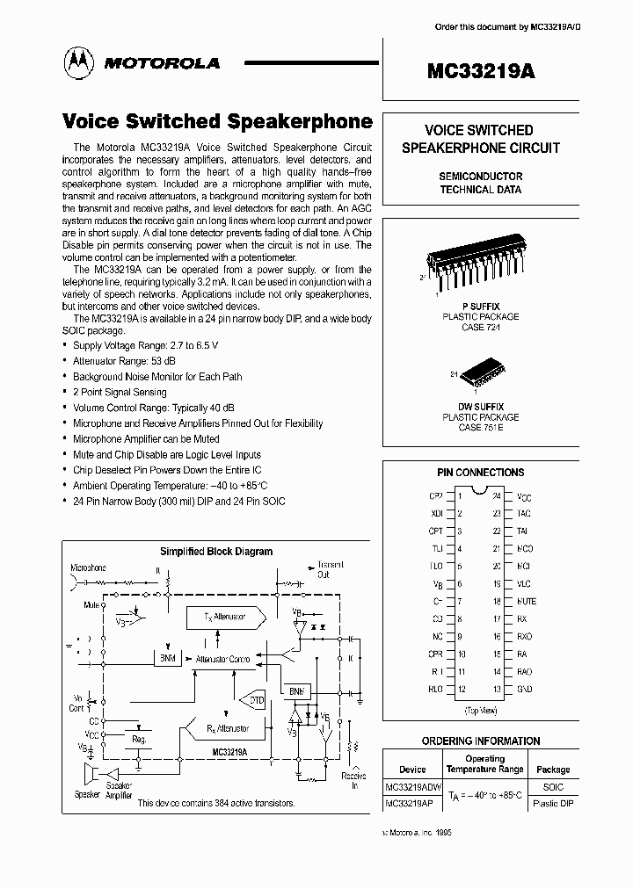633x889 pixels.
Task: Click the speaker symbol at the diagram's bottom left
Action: click(89, 776)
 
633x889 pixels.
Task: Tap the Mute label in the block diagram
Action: click(91, 605)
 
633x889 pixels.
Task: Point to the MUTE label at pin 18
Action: click(526, 602)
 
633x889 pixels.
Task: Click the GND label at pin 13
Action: click(524, 689)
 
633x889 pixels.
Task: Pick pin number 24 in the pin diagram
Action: click(496, 496)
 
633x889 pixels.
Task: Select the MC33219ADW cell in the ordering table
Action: click(413, 787)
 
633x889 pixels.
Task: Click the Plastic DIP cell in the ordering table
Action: click(553, 804)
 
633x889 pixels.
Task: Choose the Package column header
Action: click(553, 769)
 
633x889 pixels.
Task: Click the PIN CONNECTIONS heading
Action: click(480, 473)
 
